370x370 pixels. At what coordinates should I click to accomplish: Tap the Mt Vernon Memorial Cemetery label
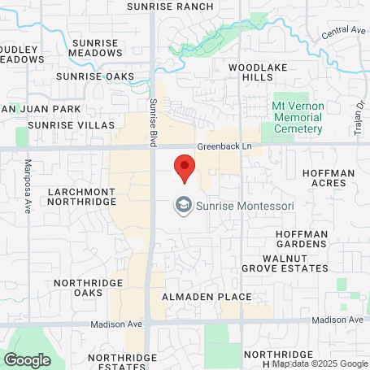click(x=297, y=117)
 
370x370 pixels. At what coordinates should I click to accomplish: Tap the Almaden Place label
click(x=207, y=297)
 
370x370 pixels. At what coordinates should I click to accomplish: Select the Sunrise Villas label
click(x=62, y=125)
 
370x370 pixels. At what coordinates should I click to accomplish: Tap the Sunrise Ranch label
click(x=171, y=7)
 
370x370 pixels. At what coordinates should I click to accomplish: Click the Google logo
click(x=27, y=359)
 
